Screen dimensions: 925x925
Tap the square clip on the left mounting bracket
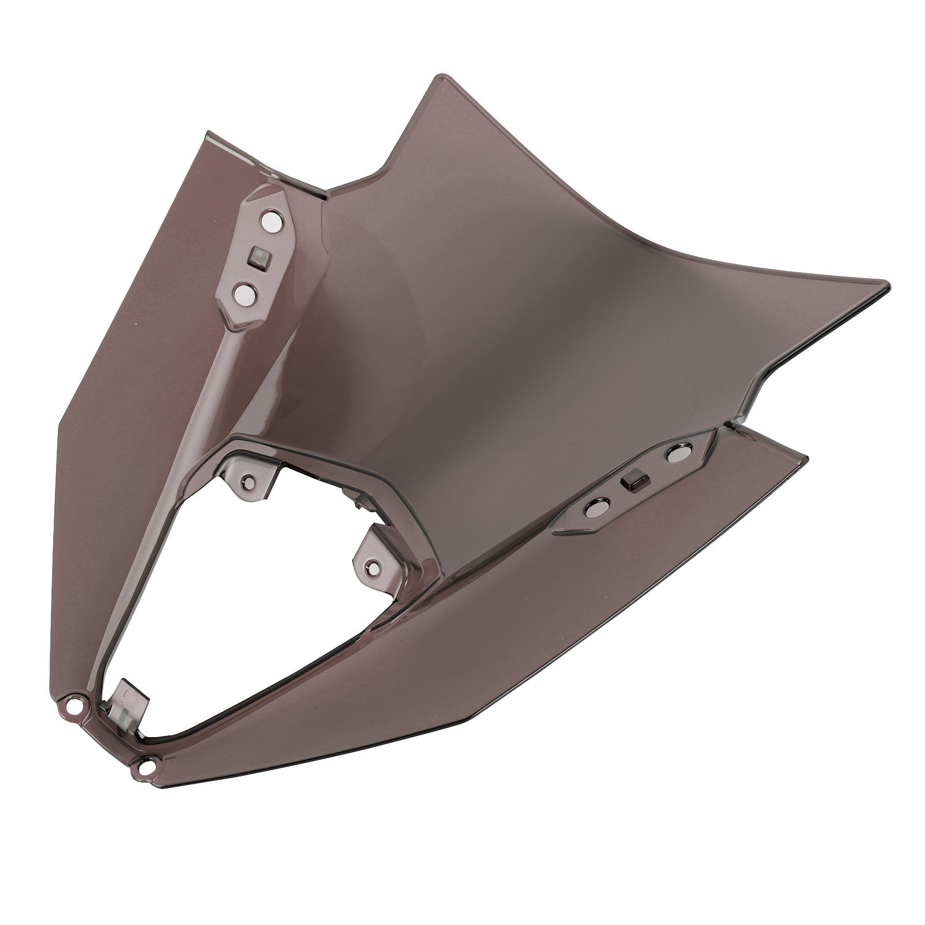[x=256, y=256]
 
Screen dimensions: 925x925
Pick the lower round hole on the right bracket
[x=594, y=508]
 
